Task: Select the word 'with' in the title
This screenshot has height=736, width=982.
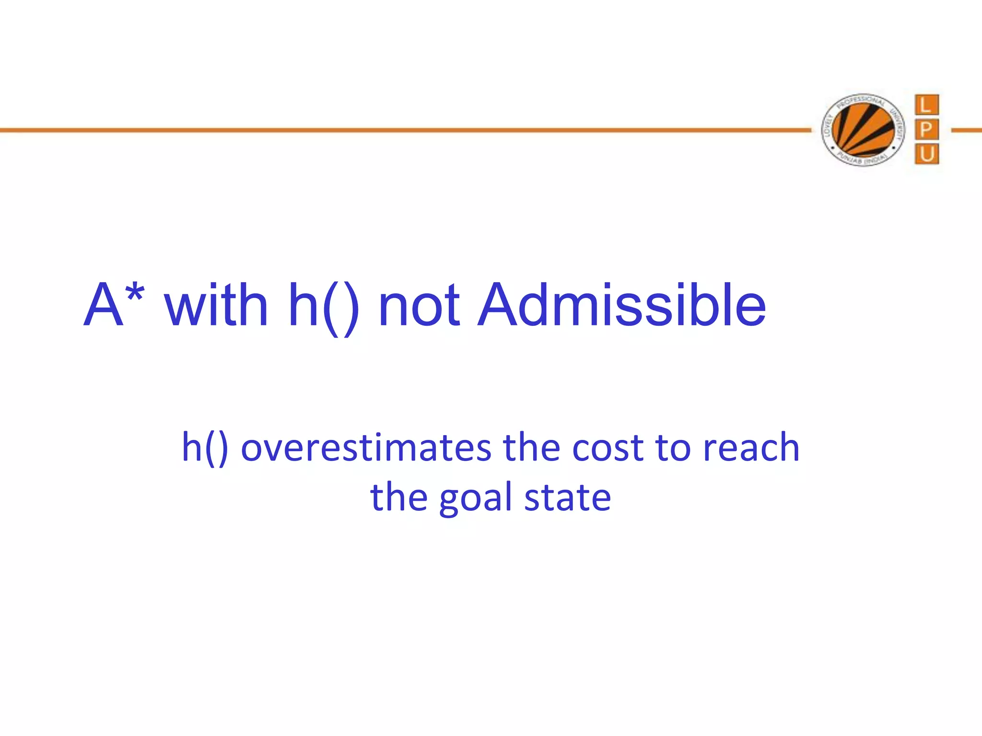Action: [x=216, y=306]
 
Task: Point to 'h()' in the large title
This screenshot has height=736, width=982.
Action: [x=324, y=308]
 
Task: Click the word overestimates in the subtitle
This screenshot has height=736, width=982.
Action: [x=366, y=448]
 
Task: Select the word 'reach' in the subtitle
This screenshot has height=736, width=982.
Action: [x=751, y=448]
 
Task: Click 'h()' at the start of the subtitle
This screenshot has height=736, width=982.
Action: [x=205, y=448]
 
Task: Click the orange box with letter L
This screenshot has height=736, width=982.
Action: [x=926, y=105]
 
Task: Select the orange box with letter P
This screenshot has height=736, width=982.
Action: [x=926, y=130]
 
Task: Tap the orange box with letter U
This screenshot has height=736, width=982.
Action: [x=926, y=154]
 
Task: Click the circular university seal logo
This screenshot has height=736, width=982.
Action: [x=863, y=130]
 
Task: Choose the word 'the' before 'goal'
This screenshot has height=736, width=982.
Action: [x=398, y=497]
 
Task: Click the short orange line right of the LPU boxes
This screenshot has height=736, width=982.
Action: [x=966, y=130]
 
